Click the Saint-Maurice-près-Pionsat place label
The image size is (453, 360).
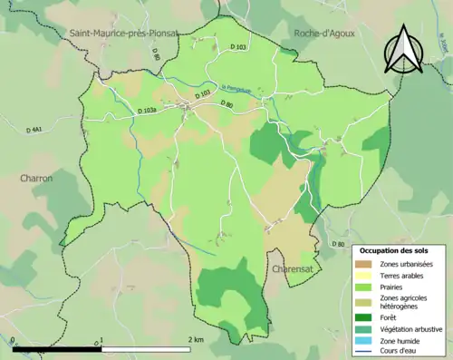(x=123, y=34)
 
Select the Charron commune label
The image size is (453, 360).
(x=36, y=179)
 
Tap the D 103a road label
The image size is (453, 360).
(x=147, y=111)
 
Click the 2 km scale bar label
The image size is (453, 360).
(x=196, y=339)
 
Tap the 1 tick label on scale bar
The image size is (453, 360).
(x=101, y=339)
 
